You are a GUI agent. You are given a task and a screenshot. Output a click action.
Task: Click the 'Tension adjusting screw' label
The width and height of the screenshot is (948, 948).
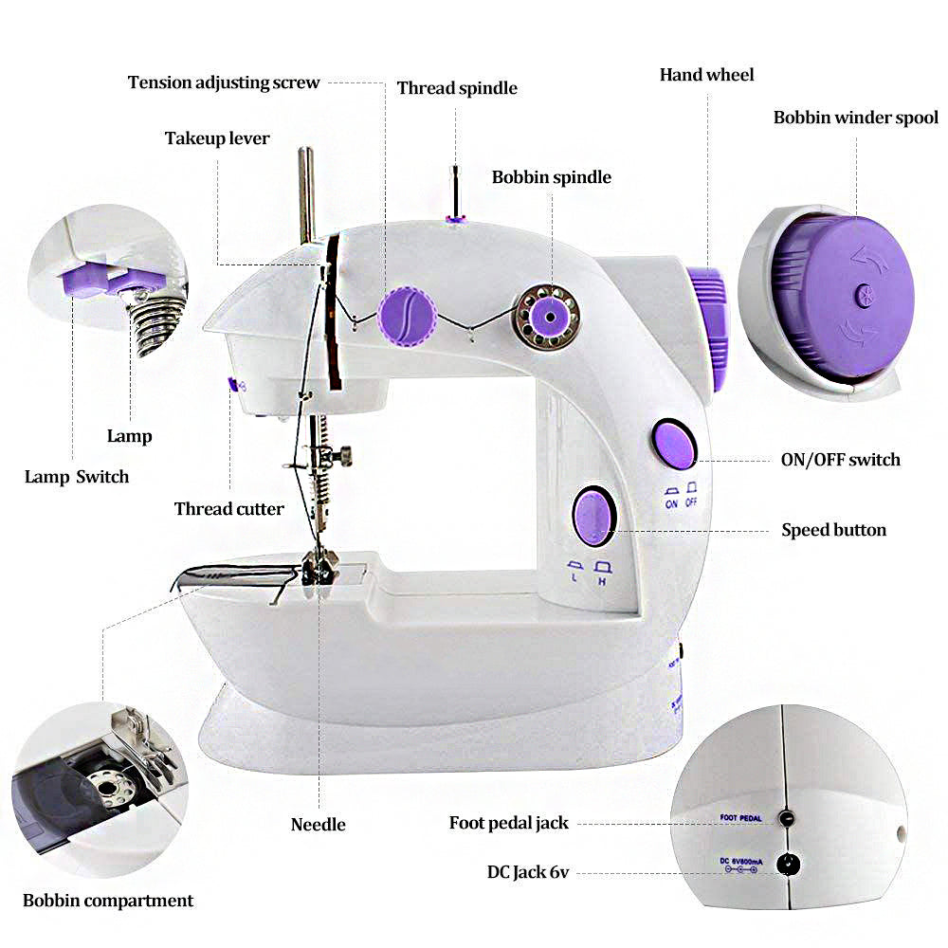pyautogui.click(x=224, y=82)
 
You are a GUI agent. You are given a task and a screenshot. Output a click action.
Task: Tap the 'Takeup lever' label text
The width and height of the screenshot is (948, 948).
pyautogui.click(x=217, y=138)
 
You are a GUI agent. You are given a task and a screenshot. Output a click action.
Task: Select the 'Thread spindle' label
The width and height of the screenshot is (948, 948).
pyautogui.click(x=457, y=88)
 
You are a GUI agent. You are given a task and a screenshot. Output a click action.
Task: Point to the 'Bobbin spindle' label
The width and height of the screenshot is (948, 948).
pyautogui.click(x=551, y=177)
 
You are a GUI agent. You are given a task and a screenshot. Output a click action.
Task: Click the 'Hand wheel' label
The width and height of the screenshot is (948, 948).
pyautogui.click(x=707, y=74)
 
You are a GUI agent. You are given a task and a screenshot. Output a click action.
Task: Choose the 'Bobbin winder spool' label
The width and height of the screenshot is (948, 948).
pyautogui.click(x=855, y=118)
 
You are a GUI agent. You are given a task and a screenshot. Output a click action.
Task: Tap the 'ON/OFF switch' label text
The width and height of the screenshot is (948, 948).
pyautogui.click(x=840, y=460)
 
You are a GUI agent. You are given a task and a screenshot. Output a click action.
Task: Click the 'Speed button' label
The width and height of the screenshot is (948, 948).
pyautogui.click(x=833, y=530)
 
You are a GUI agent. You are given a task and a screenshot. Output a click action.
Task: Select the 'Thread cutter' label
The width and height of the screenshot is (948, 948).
pyautogui.click(x=228, y=509)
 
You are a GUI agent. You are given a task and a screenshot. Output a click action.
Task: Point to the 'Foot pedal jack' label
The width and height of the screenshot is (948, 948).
pyautogui.click(x=508, y=823)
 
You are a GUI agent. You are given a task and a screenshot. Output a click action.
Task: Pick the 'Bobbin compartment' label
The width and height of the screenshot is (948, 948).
pyautogui.click(x=108, y=901)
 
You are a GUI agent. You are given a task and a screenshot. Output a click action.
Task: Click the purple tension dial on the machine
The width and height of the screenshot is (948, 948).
pyautogui.click(x=407, y=315)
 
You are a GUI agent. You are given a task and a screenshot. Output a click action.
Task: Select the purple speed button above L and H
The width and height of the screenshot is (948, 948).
pyautogui.click(x=592, y=516)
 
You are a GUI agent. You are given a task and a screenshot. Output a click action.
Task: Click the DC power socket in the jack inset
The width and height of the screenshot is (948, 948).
pyautogui.click(x=786, y=864)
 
